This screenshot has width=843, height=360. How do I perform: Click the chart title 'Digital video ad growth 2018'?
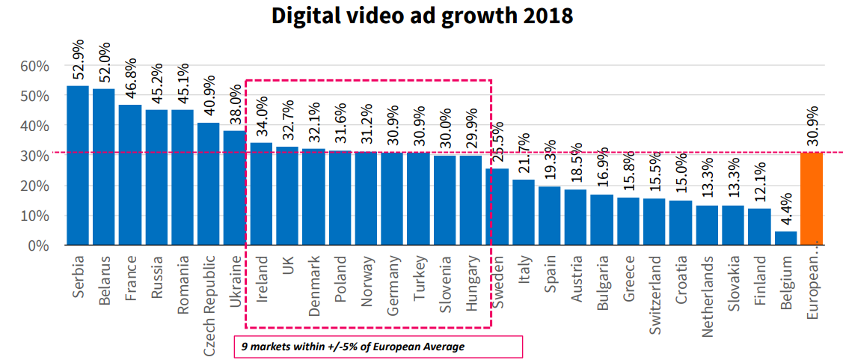[x=423, y=16]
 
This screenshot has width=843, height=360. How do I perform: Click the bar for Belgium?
[x=785, y=237]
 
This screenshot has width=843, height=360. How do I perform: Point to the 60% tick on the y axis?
[x=34, y=67]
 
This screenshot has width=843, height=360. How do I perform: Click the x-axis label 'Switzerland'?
[x=655, y=295]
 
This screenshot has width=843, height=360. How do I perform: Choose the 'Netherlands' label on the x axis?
[x=707, y=296]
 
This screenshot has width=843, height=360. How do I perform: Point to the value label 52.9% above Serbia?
[x=79, y=59]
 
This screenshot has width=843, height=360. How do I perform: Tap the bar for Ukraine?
[x=235, y=188]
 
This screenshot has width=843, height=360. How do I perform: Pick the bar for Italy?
[x=524, y=213]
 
